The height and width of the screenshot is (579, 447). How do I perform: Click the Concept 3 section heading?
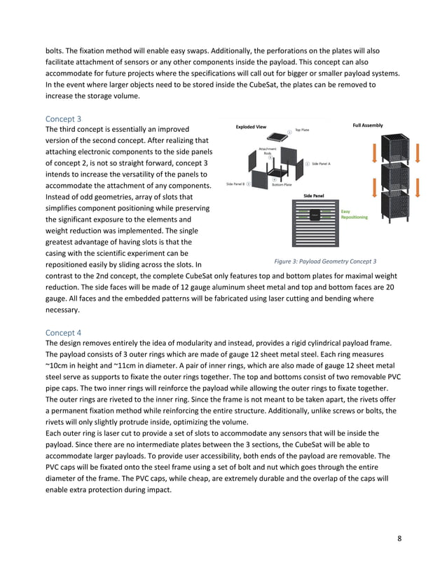(63, 118)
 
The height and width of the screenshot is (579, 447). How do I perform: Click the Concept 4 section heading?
(63, 332)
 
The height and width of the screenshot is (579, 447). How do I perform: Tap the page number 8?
(399, 538)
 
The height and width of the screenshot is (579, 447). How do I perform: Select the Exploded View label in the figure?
(251, 127)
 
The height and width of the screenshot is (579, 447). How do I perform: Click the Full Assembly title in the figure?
(367, 125)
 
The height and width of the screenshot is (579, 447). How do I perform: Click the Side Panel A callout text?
(320, 163)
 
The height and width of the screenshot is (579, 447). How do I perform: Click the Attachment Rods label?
(267, 150)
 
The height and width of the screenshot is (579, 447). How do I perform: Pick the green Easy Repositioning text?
(354, 214)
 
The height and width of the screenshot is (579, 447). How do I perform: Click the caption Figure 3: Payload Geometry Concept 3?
(325, 261)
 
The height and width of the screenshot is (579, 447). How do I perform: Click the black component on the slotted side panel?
(313, 214)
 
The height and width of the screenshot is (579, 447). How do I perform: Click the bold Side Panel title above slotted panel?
(313, 196)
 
